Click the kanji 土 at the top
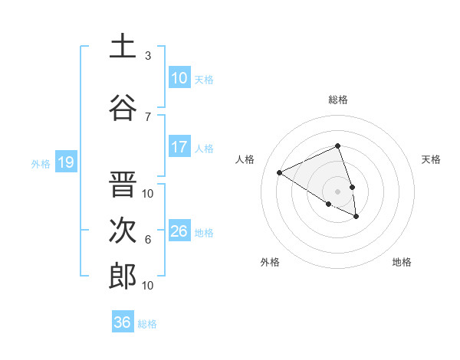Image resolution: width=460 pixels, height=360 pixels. coord(123,47)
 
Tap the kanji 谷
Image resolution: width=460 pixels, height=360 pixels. coord(123,107)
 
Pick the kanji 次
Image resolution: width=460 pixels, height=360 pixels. coord(123,231)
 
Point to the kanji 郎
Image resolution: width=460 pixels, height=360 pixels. coord(123,277)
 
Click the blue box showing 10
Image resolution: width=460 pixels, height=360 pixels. coord(179,78)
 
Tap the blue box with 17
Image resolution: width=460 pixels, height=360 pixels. coord(179,147)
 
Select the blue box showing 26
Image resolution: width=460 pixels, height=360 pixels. coord(179,231)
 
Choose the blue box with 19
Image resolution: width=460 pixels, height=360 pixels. coord(65,162)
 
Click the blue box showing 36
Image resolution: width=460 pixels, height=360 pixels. coord(123,322)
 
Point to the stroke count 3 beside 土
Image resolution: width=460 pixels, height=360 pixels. coord(148,56)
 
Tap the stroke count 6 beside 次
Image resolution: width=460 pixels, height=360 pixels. coord(148,240)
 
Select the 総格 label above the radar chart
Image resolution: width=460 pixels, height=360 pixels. coord(338,100)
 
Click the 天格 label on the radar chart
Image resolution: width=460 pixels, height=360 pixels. coord(432,159)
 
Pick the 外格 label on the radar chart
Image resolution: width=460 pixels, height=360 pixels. coord(270,262)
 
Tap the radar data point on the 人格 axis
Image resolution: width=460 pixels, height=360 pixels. coord(280,172)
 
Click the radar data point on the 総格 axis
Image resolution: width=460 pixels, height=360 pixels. coord(338,146)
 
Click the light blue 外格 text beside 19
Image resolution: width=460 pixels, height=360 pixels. coord(40,163)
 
